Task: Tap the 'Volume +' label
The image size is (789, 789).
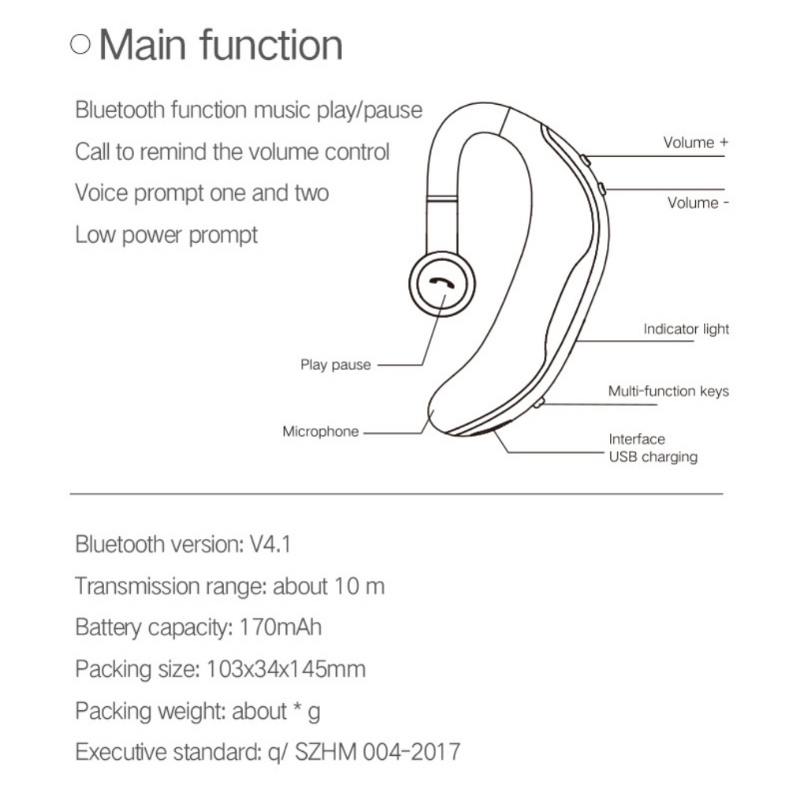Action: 695,143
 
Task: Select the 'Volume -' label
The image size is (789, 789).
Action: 698,203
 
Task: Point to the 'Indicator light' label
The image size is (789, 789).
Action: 686,329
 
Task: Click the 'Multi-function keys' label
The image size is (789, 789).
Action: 668,391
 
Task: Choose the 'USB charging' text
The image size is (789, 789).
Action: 653,456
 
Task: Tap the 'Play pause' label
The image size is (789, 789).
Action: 335,365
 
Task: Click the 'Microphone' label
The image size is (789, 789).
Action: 320,431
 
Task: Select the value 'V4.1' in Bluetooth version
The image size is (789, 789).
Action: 270,544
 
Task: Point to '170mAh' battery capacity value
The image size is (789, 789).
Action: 280,627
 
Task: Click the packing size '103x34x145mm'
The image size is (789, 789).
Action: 286,669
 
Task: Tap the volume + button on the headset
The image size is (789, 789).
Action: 585,160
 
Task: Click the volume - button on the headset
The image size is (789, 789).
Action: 601,188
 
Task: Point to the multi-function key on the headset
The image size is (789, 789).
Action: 538,404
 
